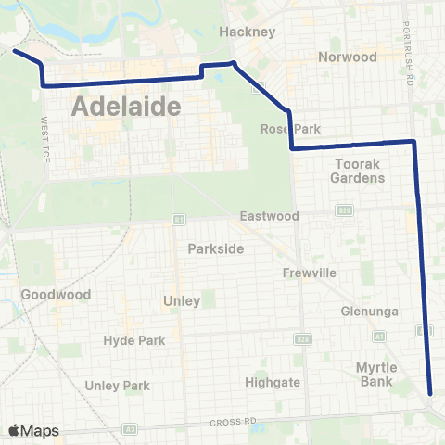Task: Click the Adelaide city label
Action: click(x=125, y=107)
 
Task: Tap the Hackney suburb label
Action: click(x=248, y=32)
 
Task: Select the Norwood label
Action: click(x=348, y=57)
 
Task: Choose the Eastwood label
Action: click(x=269, y=216)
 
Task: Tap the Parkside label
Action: click(x=215, y=248)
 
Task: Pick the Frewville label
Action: click(x=310, y=273)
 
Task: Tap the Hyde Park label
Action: click(x=134, y=340)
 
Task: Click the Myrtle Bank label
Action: click(x=376, y=374)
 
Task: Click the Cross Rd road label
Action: click(x=232, y=422)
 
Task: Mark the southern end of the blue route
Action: click(x=431, y=392)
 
